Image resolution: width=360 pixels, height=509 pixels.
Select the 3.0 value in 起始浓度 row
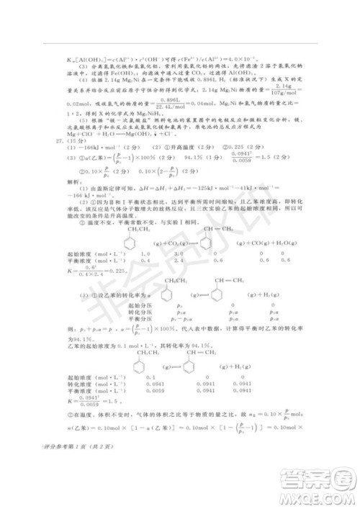[179, 254]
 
